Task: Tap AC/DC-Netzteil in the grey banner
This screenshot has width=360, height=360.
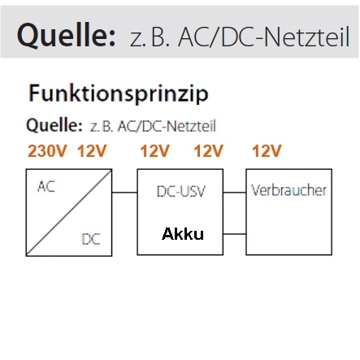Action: click(x=264, y=37)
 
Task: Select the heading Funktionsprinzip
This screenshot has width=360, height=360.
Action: click(x=119, y=94)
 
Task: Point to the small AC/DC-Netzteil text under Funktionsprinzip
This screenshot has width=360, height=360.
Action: click(x=167, y=126)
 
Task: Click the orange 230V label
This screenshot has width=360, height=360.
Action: click(x=47, y=150)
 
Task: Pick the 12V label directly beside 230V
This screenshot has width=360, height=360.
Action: click(x=92, y=150)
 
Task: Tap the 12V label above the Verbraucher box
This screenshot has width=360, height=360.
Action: click(x=267, y=150)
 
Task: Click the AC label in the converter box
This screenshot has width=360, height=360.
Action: click(x=46, y=187)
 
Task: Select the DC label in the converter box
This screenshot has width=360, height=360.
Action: click(x=91, y=239)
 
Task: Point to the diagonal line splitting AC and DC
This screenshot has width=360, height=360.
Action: click(x=69, y=212)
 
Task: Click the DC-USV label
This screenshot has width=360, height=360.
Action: click(x=181, y=191)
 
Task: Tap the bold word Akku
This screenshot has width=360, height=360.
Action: click(x=183, y=234)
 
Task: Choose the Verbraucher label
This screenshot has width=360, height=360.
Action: click(x=288, y=190)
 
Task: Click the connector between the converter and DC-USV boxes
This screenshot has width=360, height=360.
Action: click(x=124, y=193)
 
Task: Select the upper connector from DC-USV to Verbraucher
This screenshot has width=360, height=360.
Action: click(x=235, y=193)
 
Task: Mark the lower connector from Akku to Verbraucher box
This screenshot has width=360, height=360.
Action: click(x=235, y=234)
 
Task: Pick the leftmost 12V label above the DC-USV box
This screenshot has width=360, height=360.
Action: click(x=154, y=150)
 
